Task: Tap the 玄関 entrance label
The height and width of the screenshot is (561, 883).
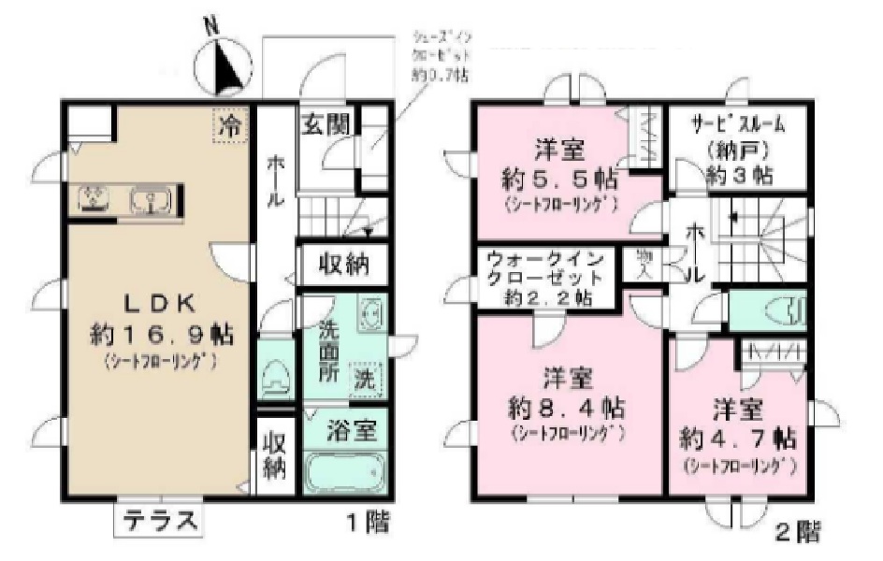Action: pos(326,123)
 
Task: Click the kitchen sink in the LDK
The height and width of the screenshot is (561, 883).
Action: pos(150,199)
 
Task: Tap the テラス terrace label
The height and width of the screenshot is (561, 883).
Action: pos(158,521)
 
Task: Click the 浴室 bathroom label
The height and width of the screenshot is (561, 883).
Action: pos(352,431)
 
